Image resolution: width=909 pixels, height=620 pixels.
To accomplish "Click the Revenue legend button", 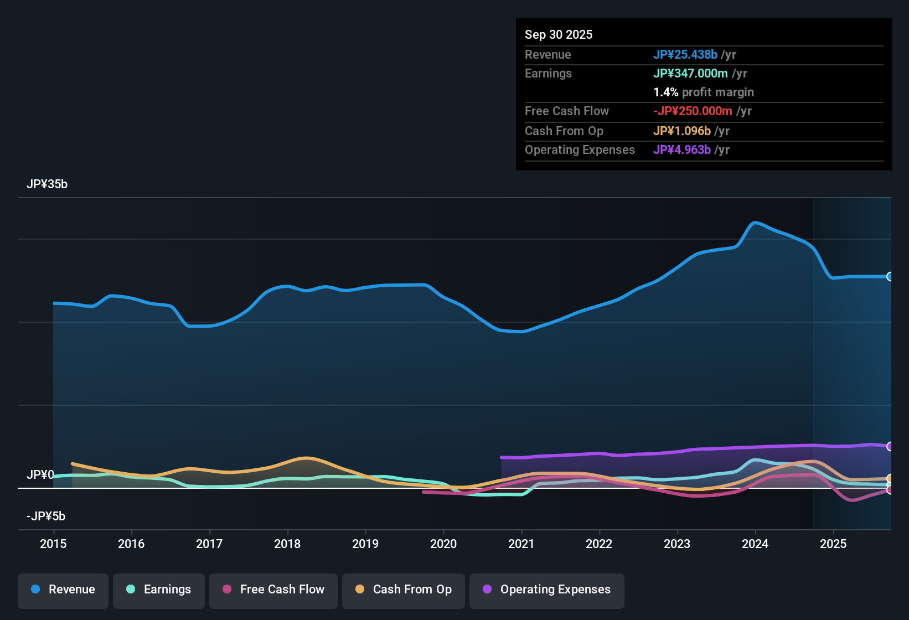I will point(63,590).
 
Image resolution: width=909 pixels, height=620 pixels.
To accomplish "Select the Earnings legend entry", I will point(159,590).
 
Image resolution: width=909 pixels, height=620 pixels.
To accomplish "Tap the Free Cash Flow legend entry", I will point(273,590).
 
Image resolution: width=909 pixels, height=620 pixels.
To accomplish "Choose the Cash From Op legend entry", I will point(404,590).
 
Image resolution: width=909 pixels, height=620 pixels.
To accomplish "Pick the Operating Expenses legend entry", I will point(547,590).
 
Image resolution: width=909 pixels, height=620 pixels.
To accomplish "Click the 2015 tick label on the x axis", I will point(53,544).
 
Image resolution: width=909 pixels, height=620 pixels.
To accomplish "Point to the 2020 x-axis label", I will point(443,544).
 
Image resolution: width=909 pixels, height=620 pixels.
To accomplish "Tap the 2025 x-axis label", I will point(833,544).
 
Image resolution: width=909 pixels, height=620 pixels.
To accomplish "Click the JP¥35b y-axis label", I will point(47,184).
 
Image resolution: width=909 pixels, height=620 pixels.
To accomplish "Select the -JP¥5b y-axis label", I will point(46,516).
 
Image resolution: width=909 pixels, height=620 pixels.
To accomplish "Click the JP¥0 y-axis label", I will point(40,475).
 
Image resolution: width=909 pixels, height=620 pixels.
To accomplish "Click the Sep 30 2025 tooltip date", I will point(558,34).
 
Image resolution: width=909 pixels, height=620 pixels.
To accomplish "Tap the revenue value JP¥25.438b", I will point(685,54).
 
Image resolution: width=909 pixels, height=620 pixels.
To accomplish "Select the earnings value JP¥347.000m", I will point(690,73).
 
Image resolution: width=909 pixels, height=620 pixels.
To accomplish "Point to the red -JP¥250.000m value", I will point(693,111).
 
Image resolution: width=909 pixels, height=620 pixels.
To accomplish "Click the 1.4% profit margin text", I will point(703,92).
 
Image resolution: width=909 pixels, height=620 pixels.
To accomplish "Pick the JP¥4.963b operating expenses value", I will point(681,149).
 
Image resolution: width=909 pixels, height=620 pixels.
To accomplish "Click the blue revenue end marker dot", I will point(890,276).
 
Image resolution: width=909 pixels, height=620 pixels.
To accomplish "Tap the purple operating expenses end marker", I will point(890,446).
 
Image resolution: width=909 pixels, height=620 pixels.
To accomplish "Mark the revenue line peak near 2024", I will point(755,223).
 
